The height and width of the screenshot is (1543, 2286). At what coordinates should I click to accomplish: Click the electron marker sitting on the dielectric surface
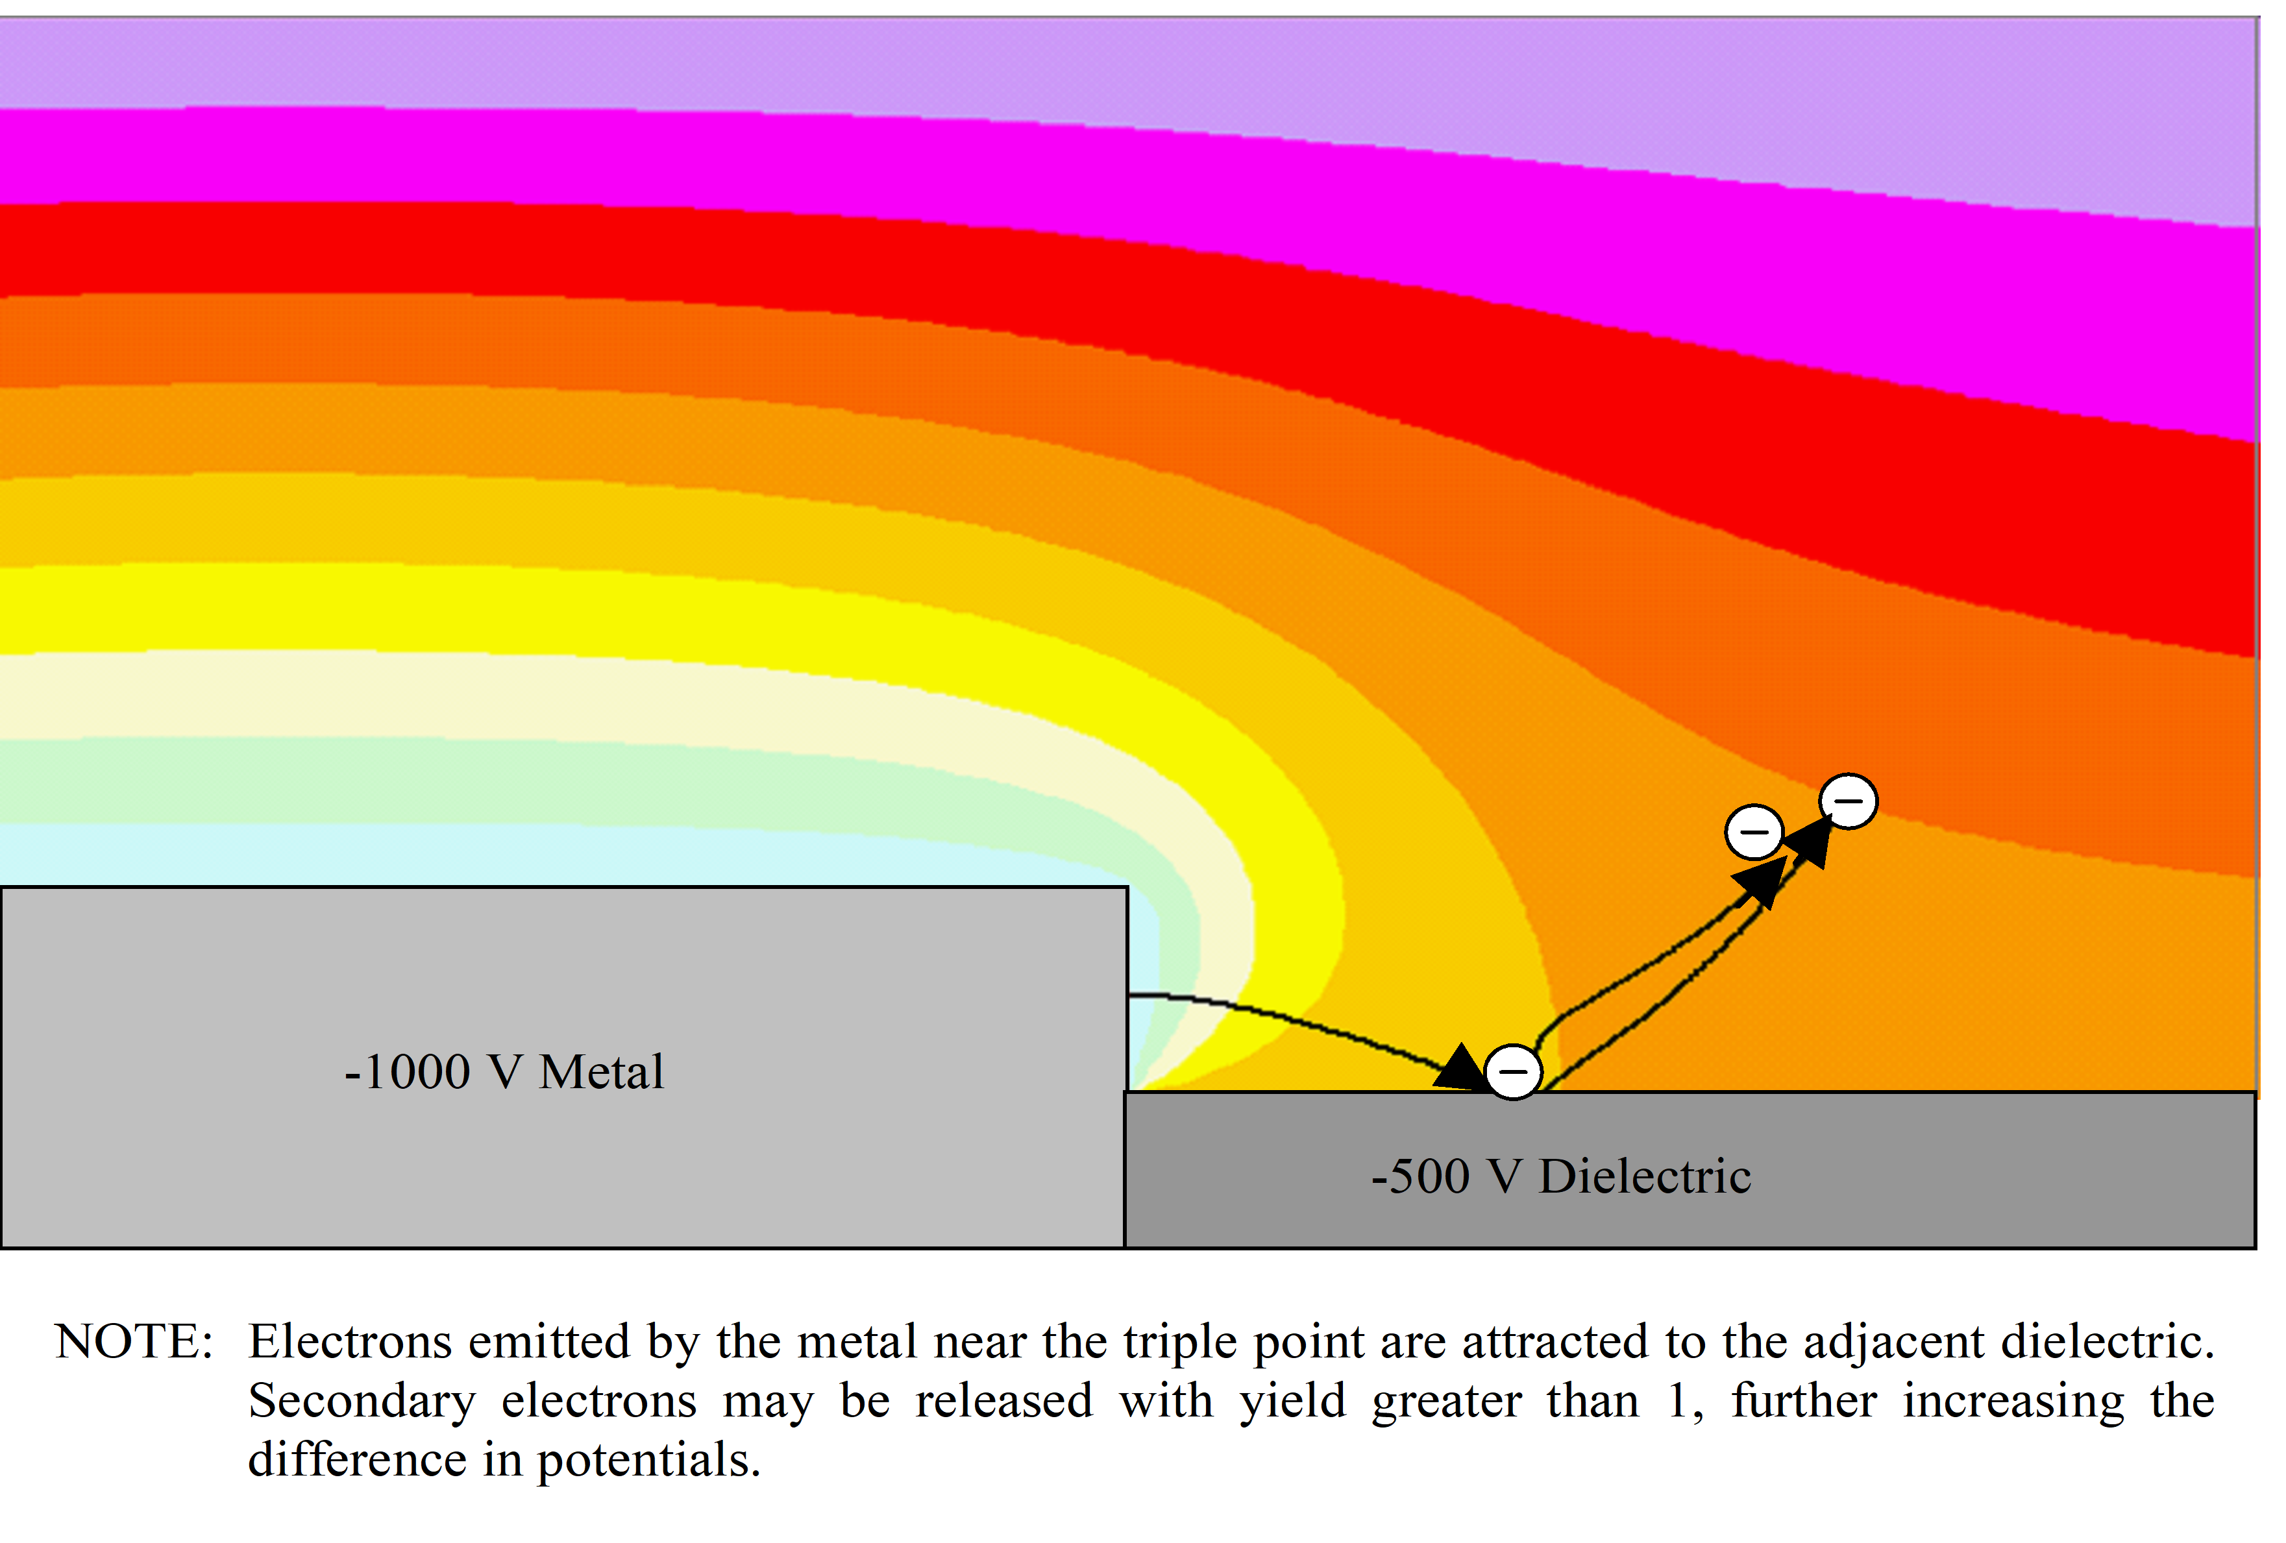pos(1512,1071)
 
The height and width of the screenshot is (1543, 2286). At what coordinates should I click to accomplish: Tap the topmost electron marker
pos(1847,801)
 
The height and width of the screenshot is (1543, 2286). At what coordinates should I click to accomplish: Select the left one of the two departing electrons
pos(1754,831)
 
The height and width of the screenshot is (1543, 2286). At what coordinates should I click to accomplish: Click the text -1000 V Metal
pos(504,1071)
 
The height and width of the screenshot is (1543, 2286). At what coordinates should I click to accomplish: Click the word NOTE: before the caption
pos(134,1341)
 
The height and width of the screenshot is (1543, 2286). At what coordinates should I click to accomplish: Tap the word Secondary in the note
pos(361,1400)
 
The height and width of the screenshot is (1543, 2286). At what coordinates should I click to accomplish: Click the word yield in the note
pos(1292,1400)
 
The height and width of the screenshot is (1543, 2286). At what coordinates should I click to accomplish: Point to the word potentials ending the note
pos(648,1459)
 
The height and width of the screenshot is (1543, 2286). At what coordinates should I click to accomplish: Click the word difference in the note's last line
pos(357,1459)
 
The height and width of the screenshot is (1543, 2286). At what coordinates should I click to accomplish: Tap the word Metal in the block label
pos(601,1071)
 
